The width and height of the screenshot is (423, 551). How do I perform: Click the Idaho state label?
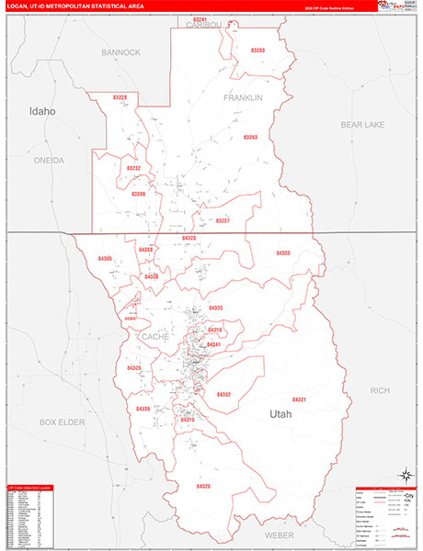point(42,111)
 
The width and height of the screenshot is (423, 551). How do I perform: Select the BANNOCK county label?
point(121,52)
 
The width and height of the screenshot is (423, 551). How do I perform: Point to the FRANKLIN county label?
point(243,97)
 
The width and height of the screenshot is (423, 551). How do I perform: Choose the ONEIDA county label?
point(50,160)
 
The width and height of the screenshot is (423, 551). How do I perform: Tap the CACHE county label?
point(153,337)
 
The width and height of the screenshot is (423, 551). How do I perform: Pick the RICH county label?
point(380,390)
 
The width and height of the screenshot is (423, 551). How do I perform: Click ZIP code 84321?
point(301,400)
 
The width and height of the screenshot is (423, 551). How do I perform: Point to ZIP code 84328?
point(203,486)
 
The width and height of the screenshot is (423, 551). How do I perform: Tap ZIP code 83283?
point(257,51)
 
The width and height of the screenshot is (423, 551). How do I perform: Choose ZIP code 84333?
point(283,253)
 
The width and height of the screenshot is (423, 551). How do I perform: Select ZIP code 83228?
point(120,96)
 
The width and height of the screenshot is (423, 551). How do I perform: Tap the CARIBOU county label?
point(204,26)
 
